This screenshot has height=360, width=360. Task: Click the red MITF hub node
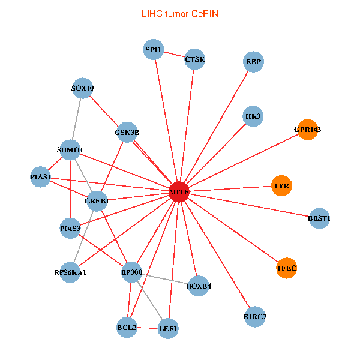(179, 191)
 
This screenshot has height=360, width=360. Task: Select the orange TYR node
(281, 186)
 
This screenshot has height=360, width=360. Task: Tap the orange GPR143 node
(307, 129)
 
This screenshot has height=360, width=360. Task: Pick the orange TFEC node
(287, 268)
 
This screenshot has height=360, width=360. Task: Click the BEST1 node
(319, 218)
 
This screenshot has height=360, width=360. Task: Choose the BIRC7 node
(255, 316)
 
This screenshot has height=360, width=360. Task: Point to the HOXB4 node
(199, 285)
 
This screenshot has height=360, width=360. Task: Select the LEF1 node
(168, 328)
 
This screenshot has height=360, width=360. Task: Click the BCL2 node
(127, 328)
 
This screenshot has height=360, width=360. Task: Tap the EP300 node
(131, 272)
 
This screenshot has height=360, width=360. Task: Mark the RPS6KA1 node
(71, 272)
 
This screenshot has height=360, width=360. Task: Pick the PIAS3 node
(70, 228)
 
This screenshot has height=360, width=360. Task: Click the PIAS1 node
(41, 177)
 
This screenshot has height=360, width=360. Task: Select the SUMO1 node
(71, 149)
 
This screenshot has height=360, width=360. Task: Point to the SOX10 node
(82, 88)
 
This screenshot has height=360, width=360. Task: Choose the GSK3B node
(127, 132)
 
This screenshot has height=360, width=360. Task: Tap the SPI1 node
(154, 50)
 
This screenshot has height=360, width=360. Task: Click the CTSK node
(194, 59)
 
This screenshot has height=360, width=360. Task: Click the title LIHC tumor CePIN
(180, 13)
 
